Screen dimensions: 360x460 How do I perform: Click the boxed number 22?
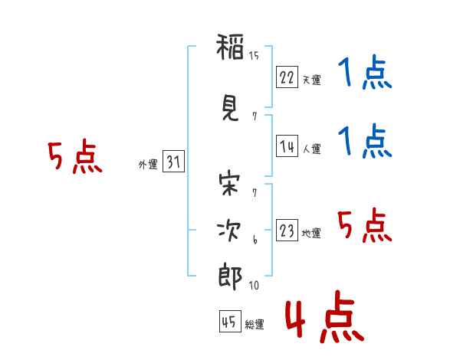click(287, 77)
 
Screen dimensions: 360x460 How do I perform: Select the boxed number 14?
click(287, 146)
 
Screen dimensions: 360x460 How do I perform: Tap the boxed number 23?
click(287, 231)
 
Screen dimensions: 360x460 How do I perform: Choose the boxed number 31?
click(173, 162)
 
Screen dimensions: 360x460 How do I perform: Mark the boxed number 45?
click(229, 322)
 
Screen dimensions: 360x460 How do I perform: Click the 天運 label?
click(311, 80)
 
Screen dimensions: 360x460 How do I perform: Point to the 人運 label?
click(311, 149)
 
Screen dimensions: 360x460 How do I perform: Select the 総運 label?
click(255, 325)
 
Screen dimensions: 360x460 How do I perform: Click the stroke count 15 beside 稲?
click(254, 54)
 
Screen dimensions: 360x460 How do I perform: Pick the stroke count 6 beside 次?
click(254, 241)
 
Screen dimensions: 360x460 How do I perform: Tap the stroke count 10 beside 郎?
click(254, 286)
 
